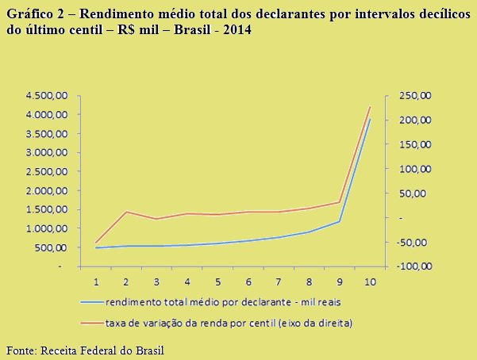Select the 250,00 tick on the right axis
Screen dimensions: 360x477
[x=414, y=95]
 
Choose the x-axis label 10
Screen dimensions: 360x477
[x=370, y=281]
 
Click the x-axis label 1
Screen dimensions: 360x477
[x=96, y=281]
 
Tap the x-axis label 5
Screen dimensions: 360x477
[x=217, y=281]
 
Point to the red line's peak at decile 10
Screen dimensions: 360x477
[x=370, y=106]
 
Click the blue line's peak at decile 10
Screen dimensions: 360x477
[x=370, y=119]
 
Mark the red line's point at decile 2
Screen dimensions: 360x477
[x=126, y=211]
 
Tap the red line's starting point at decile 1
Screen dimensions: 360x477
[x=96, y=243]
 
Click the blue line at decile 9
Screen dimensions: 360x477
[x=340, y=221]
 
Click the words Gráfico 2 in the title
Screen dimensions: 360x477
[x=34, y=13]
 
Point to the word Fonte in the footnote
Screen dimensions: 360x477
[x=20, y=350]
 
